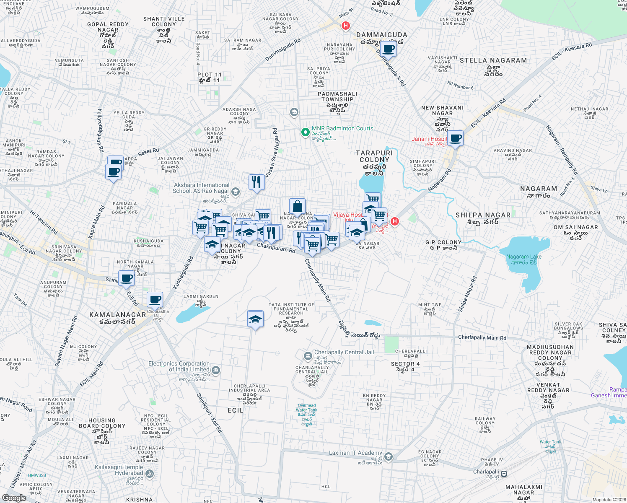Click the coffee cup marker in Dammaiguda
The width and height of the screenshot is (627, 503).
[x=389, y=49]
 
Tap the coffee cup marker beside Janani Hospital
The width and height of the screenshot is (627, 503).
[x=456, y=138]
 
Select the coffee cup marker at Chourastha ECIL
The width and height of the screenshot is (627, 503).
[x=155, y=300]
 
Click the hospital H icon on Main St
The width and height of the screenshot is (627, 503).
[x=345, y=26]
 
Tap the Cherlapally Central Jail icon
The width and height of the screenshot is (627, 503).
[x=308, y=356]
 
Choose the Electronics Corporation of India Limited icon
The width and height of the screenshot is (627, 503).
[x=216, y=370]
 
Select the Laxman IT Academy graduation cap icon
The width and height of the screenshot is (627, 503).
[x=389, y=456]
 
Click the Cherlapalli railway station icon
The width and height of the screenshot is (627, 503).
[x=504, y=474]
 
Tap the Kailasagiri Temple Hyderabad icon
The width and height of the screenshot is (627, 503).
[x=150, y=474]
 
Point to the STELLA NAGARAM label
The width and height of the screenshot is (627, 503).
[x=493, y=61]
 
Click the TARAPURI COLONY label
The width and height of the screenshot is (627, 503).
[x=374, y=156]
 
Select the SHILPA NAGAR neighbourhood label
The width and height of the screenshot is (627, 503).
[x=483, y=215]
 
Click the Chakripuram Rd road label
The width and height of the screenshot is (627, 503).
[x=276, y=248]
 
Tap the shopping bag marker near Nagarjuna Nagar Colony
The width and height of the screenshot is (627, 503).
[x=297, y=207]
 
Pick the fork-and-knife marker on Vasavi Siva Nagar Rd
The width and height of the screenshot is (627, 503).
[x=256, y=182]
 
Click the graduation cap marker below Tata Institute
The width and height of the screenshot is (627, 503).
[x=255, y=320]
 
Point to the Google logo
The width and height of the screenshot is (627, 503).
[x=14, y=498]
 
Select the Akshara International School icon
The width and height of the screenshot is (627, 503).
[x=236, y=192]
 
